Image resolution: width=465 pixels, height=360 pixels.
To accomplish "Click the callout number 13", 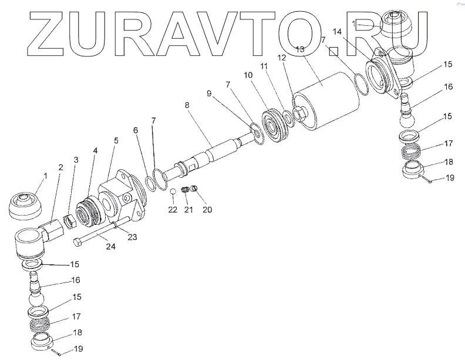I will [x=300, y=50].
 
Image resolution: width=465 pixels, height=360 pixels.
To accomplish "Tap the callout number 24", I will [x=111, y=247].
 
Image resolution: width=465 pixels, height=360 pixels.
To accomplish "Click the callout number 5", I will [x=116, y=140].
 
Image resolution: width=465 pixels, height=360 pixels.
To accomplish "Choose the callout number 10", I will [x=248, y=76].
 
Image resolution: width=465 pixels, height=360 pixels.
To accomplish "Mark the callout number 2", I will [x=60, y=167].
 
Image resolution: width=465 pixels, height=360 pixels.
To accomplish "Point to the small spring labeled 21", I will [x=186, y=190].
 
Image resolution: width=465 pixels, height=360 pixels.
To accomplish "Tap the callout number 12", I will [x=282, y=58].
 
